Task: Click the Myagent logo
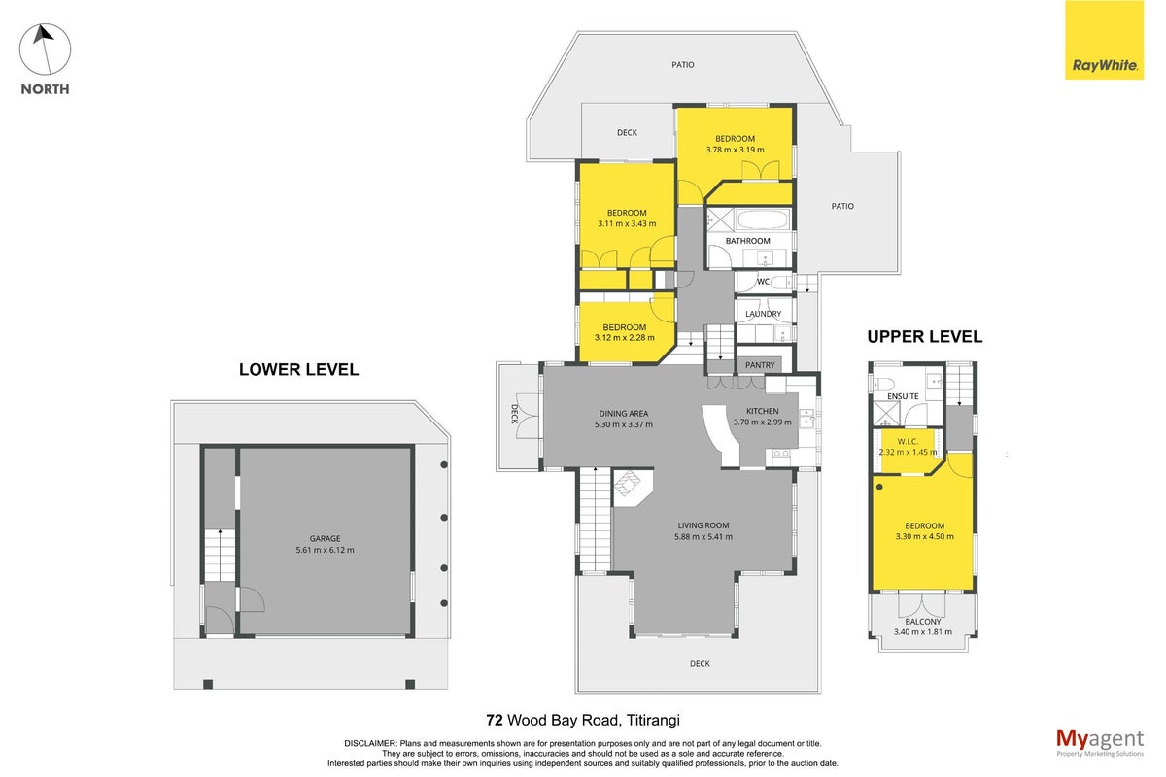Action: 1100,743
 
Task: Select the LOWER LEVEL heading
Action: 299,369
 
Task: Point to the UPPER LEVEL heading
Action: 924,337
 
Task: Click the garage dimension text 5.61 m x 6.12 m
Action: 325,550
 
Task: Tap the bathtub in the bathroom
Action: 763,220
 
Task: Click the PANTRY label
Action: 760,365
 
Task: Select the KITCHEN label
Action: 763,411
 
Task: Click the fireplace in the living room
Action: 630,485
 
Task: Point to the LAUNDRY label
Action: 763,314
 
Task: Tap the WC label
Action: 763,282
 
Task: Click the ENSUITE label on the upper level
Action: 903,396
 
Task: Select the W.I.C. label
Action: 908,441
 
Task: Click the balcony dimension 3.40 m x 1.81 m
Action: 923,632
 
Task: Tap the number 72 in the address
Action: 495,721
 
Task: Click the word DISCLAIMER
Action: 369,743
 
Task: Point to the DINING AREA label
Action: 624,414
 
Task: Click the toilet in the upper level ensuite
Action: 882,384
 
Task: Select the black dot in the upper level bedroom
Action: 879,488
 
